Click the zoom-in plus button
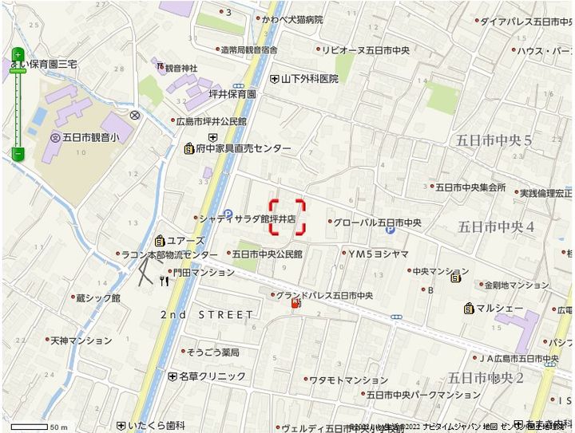click(x=18, y=56)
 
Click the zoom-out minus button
click(x=18, y=152)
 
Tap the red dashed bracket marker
click(x=287, y=217)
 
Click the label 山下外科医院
click(x=310, y=79)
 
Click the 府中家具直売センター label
click(x=244, y=148)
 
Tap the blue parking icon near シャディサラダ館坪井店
click(x=228, y=214)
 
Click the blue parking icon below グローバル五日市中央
click(x=390, y=230)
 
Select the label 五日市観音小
click(x=90, y=137)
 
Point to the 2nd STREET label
click(x=207, y=315)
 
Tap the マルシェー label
click(x=499, y=308)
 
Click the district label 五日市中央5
click(x=494, y=140)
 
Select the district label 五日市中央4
click(x=496, y=227)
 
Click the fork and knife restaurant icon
click(x=165, y=280)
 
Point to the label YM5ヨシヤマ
click(x=379, y=254)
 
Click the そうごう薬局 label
click(x=213, y=352)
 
